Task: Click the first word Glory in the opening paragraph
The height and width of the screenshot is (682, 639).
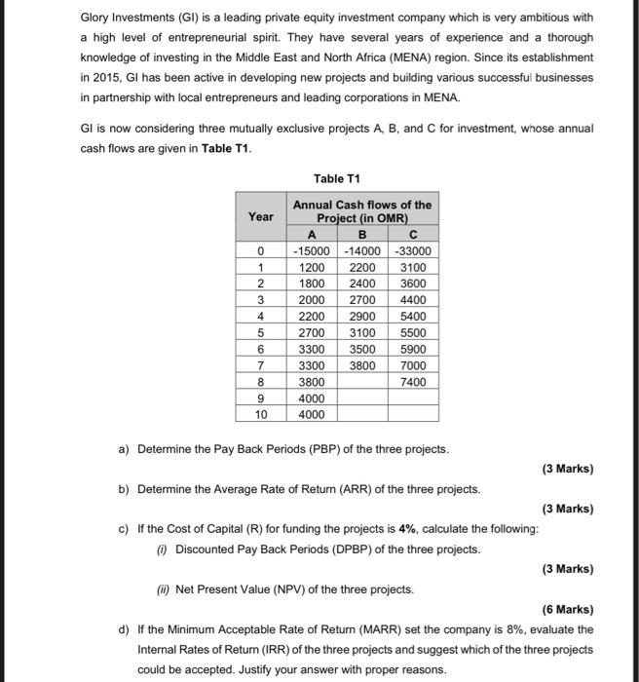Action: [94, 19]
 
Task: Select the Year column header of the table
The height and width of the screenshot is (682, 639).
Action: [261, 216]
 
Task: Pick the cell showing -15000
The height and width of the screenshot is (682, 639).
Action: [313, 250]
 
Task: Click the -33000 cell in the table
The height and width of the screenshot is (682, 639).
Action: [412, 250]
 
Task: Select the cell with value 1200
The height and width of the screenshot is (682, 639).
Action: [313, 267]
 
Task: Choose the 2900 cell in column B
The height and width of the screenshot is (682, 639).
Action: [362, 317]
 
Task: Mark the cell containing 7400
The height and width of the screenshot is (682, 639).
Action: [412, 382]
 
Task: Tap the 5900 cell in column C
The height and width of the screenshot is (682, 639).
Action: [412, 349]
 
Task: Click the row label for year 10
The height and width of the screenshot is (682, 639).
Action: [261, 414]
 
